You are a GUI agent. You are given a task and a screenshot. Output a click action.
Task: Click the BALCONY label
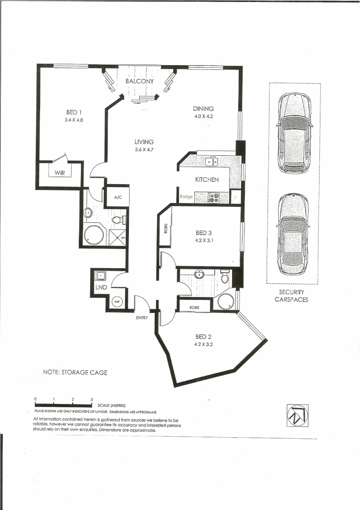[140, 81]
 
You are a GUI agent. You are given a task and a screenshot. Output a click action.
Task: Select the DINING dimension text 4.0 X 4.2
[204, 116]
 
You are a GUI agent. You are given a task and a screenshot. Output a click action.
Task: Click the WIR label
[59, 173]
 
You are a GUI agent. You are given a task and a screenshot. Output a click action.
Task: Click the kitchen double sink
[212, 162]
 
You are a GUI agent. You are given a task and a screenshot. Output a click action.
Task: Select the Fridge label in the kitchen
[186, 197]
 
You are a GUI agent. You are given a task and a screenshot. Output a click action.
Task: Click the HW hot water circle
[117, 302]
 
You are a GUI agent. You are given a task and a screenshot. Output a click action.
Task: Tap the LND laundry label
[101, 288]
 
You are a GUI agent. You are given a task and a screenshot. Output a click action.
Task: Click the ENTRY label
[142, 318]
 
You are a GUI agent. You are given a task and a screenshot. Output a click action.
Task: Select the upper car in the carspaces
[294, 133]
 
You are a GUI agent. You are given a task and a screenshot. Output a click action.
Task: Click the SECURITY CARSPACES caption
[291, 296]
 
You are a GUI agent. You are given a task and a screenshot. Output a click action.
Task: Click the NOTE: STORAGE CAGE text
[75, 373]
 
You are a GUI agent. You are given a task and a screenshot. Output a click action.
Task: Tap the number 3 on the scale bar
[92, 399]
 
